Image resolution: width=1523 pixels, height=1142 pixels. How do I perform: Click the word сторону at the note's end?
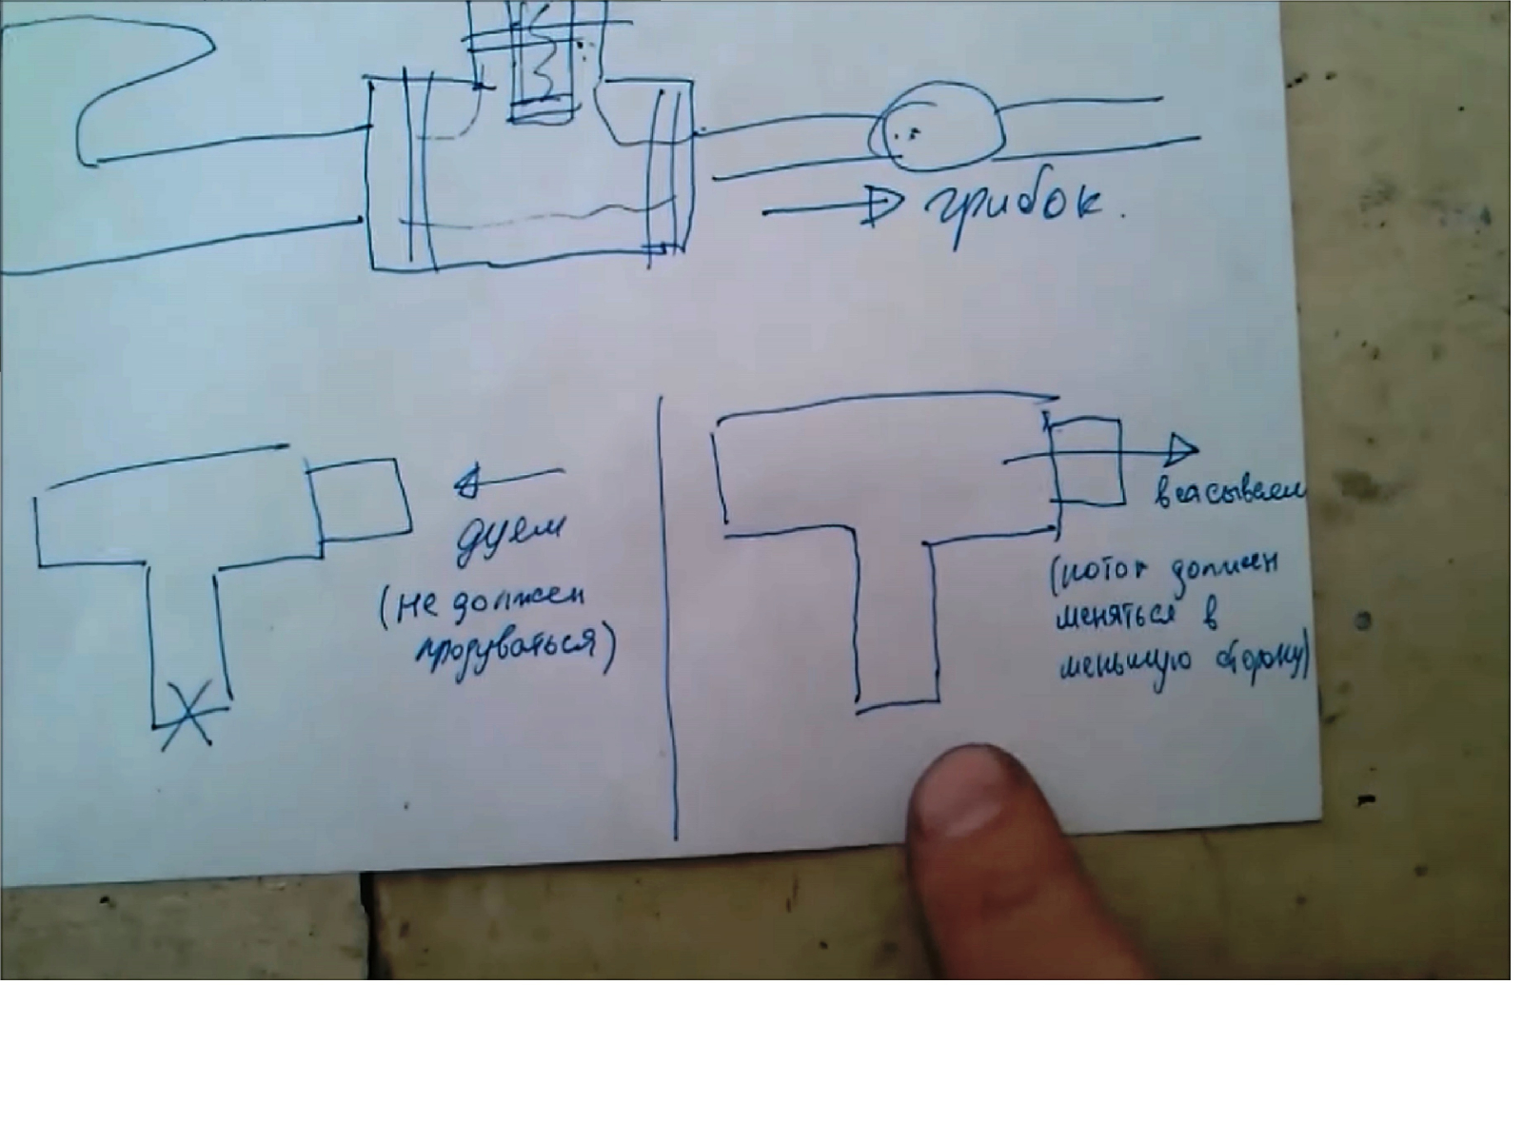coord(1256,663)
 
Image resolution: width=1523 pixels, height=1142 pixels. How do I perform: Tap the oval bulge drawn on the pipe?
coord(938,128)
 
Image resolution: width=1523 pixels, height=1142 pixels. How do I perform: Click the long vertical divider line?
coord(668,619)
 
